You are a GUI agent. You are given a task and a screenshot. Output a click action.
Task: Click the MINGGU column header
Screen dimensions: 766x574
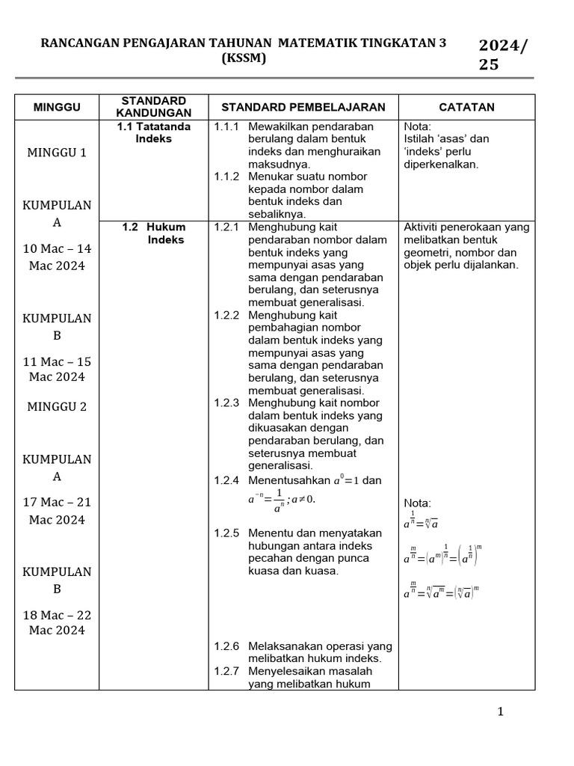[x=57, y=107]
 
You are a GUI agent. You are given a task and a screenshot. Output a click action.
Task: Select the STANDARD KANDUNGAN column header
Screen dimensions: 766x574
[x=153, y=107]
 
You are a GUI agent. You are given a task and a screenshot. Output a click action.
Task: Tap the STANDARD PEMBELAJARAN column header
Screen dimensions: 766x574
[x=303, y=107]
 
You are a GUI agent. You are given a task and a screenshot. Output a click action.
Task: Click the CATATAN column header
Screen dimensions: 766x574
[x=466, y=107]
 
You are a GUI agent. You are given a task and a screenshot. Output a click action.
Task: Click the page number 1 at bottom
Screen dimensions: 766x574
[x=501, y=711]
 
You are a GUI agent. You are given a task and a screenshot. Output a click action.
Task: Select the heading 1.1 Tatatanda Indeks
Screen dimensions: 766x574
[x=153, y=132]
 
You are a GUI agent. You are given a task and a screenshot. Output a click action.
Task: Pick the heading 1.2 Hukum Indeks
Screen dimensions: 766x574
[x=155, y=233]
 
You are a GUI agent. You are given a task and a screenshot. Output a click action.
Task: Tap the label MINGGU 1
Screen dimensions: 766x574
[x=57, y=153]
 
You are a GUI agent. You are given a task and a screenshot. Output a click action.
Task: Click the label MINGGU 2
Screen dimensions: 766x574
[x=57, y=407]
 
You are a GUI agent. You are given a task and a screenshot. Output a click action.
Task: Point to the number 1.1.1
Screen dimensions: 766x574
[x=226, y=126]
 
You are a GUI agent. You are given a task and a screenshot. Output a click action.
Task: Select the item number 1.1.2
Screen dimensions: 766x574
[x=226, y=177]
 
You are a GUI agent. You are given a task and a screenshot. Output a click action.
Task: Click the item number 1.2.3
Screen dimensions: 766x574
[x=226, y=403]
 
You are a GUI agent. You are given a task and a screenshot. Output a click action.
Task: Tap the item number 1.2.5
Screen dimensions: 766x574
[x=226, y=533]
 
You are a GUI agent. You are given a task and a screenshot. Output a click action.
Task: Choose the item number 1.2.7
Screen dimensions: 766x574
[x=226, y=671]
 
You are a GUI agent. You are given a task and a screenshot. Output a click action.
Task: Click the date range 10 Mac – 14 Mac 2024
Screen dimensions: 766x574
[x=57, y=257]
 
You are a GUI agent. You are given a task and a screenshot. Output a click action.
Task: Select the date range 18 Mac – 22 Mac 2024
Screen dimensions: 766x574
[x=57, y=622]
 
